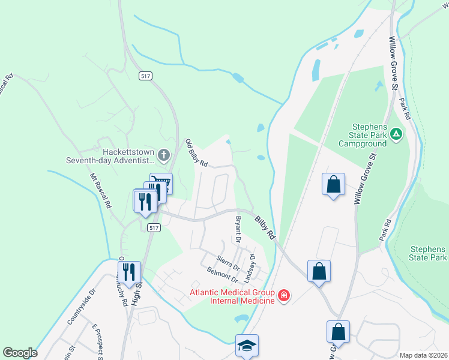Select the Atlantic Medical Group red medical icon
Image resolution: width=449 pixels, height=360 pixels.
click(283, 295)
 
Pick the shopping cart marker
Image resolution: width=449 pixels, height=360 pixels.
click(161, 182)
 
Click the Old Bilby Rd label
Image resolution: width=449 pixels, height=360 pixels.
click(196, 153)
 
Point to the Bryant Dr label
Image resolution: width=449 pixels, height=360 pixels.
click(238, 230)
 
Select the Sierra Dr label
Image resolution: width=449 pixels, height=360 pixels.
click(228, 262)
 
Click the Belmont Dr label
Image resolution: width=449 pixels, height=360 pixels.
click(222, 275)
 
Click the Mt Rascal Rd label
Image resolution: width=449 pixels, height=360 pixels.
click(100, 191)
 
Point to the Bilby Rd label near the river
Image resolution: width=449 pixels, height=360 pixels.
click(264, 229)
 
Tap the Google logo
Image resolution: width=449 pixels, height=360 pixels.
click(20, 353)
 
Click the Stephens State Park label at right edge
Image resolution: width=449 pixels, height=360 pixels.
click(429, 253)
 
